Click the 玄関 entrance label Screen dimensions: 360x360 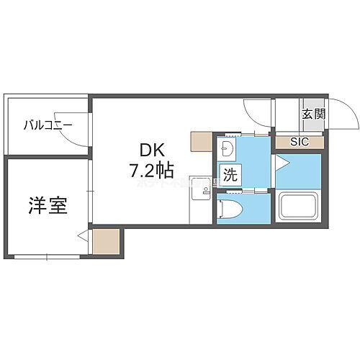click(x=313, y=114)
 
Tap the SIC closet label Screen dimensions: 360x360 click(x=299, y=142)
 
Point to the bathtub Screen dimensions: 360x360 click(x=300, y=207)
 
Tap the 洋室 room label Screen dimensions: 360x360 click(x=48, y=206)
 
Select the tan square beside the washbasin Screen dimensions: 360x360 click(x=201, y=142)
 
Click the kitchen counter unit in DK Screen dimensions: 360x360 click(x=199, y=199)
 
